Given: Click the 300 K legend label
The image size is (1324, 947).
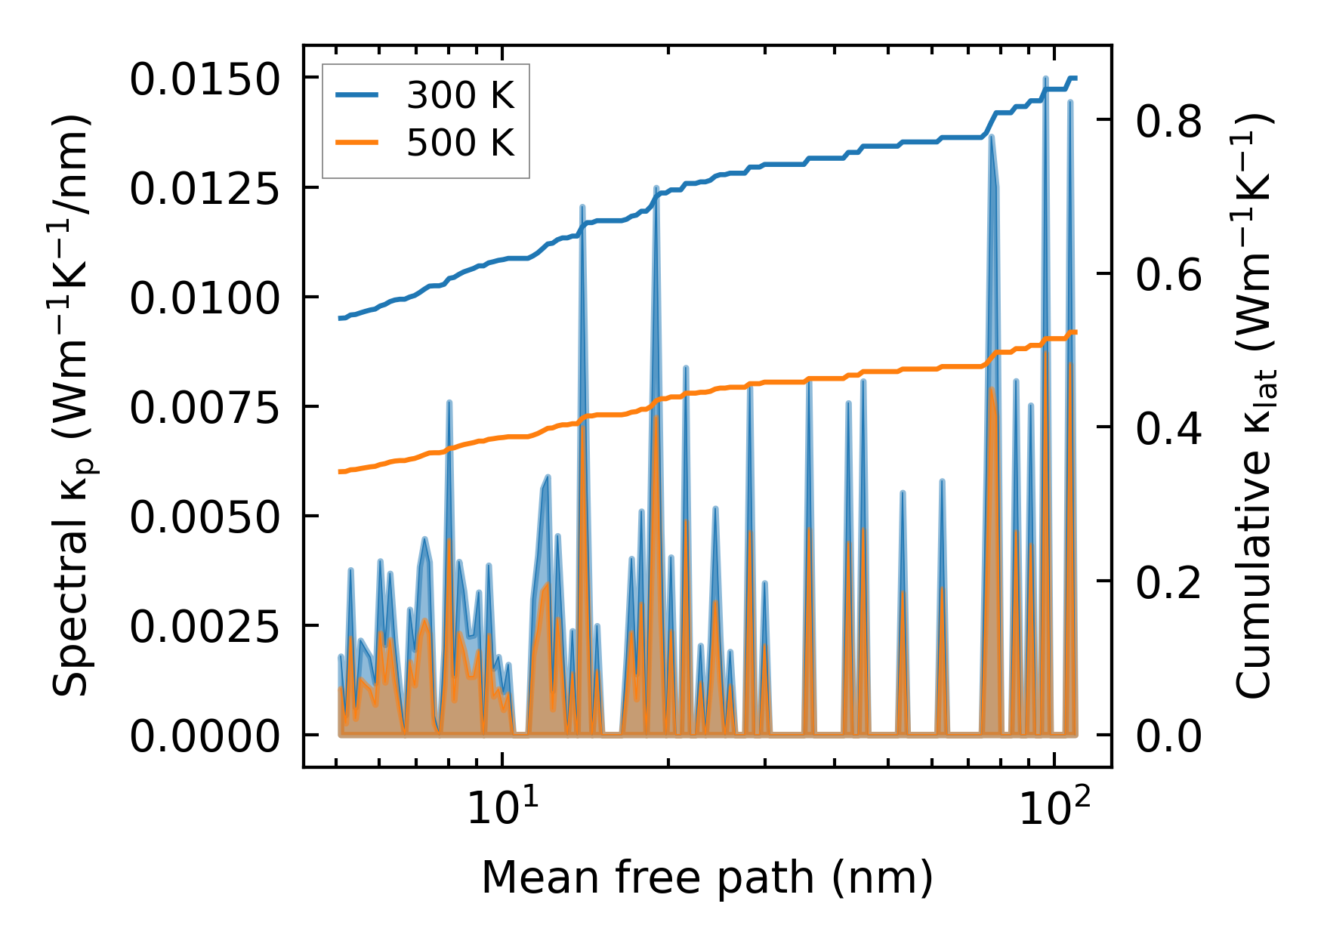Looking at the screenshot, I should [x=460, y=96].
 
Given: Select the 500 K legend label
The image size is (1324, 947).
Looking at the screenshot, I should [x=460, y=142].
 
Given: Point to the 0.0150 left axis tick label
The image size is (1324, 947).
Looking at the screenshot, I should [x=205, y=79].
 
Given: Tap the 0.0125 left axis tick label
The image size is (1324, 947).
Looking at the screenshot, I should [x=205, y=189].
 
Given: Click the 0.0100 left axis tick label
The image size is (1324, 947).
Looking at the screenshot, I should [x=205, y=298].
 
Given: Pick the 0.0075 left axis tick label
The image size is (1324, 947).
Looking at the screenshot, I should [x=205, y=408].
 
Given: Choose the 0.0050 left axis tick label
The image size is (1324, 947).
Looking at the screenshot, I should [x=205, y=517].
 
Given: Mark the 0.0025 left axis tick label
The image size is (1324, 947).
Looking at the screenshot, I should [x=205, y=627].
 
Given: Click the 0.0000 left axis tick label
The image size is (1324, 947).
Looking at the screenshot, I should [x=205, y=736].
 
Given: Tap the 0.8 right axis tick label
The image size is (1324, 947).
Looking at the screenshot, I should [x=1168, y=121].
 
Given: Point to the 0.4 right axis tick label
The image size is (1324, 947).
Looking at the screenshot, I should [x=1168, y=428].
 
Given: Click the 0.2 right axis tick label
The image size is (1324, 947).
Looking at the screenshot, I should [x=1168, y=582].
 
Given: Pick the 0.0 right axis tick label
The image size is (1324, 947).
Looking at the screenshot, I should [x=1168, y=736].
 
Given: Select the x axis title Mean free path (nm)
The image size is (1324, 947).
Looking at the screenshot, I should [x=708, y=878].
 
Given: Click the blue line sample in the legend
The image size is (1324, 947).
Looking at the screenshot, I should [x=359, y=95].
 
